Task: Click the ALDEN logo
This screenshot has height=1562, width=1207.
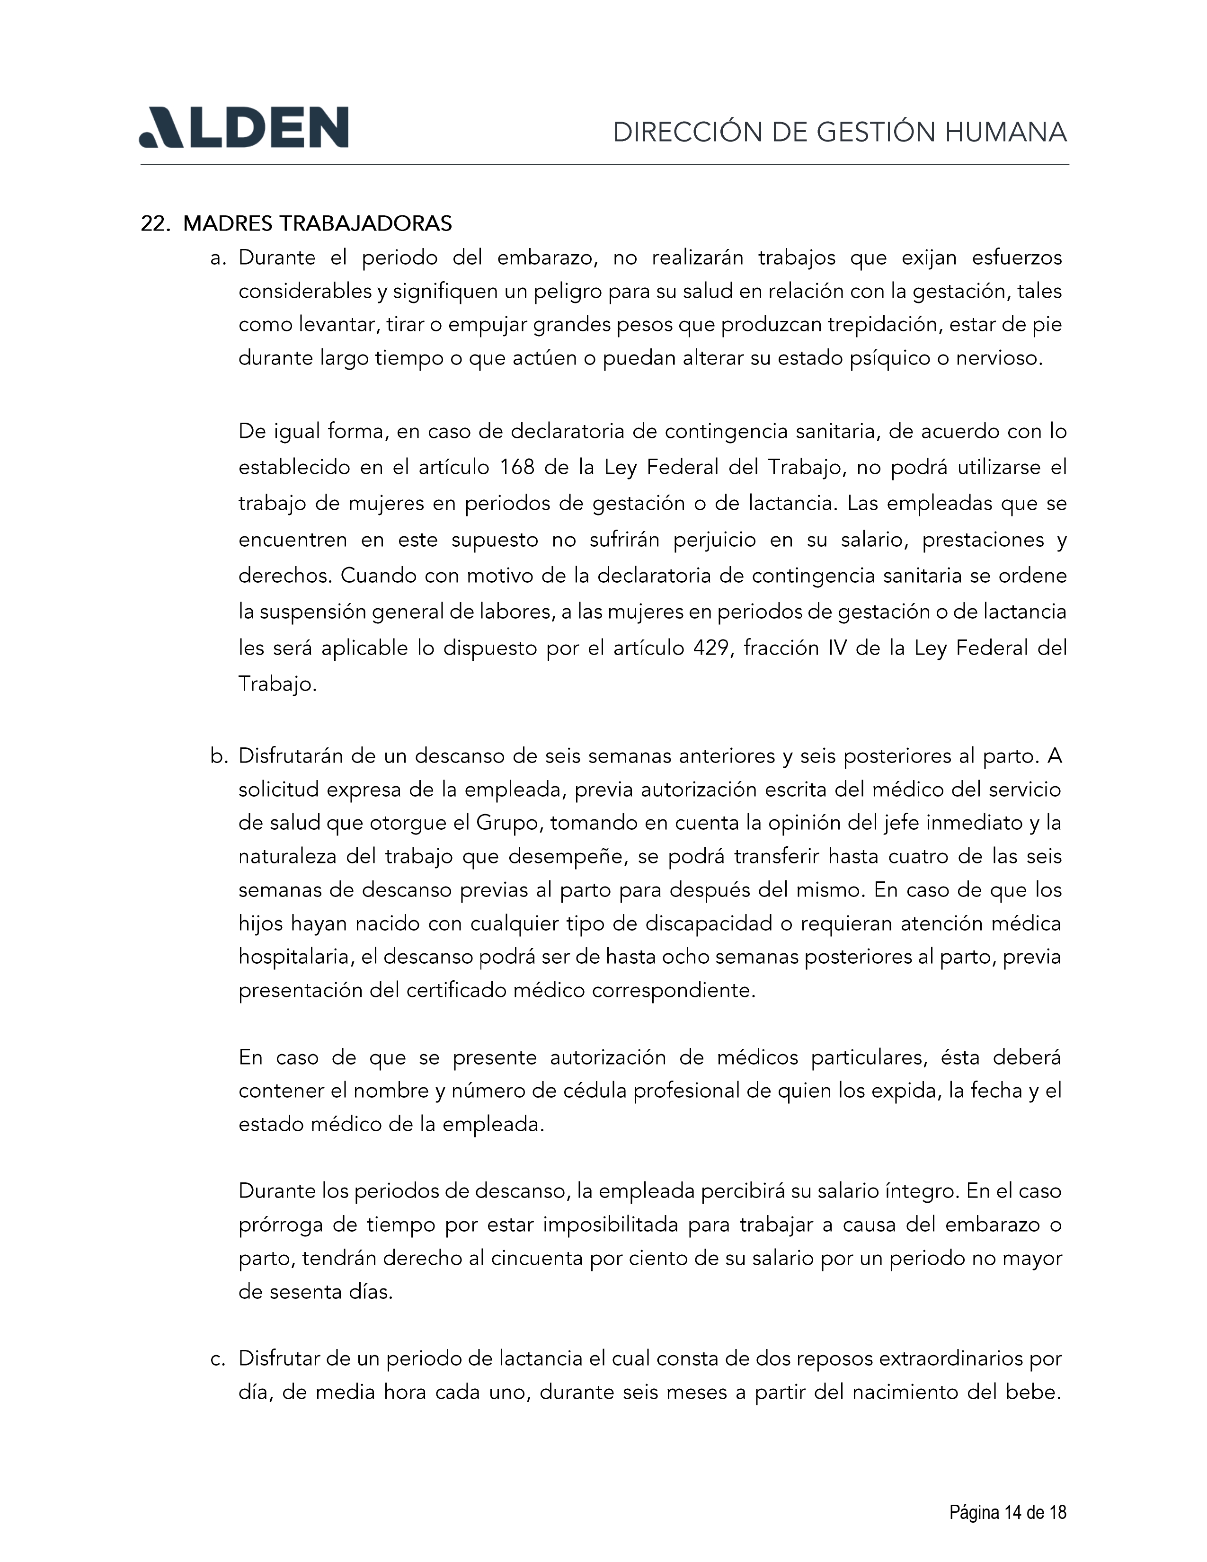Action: [x=243, y=128]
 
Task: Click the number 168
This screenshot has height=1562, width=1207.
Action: [x=517, y=468]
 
